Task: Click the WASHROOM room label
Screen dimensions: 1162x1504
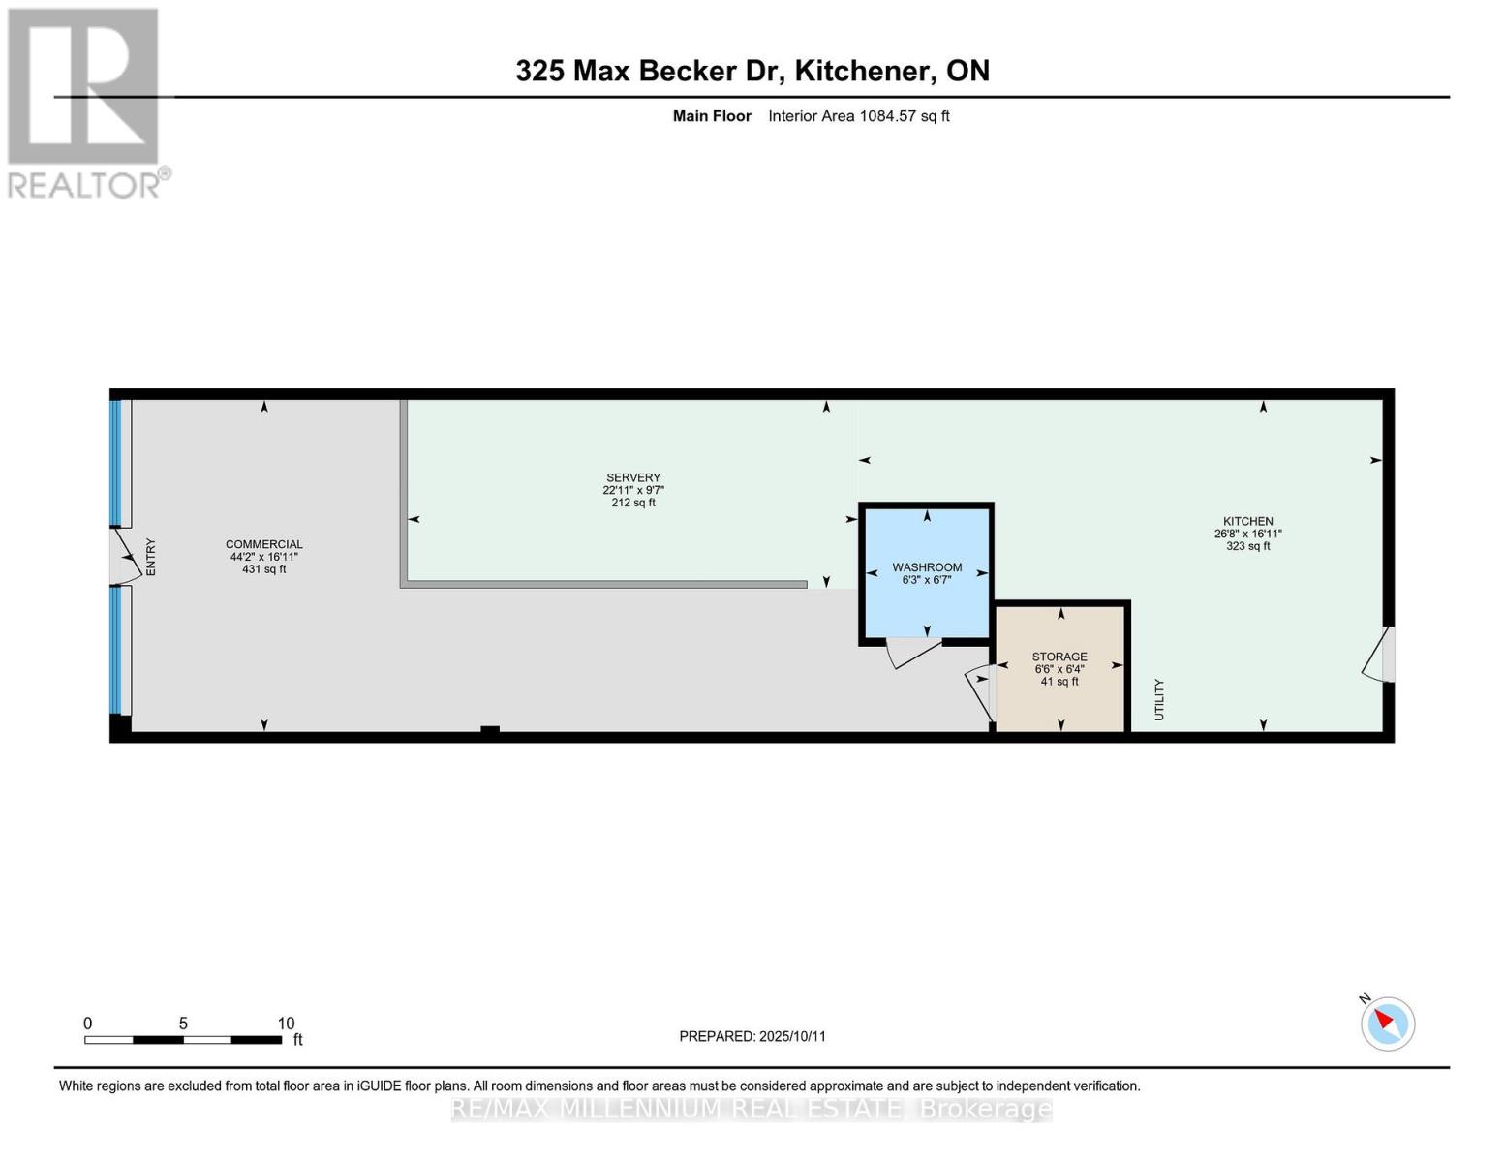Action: [927, 567]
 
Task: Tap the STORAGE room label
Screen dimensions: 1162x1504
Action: [1059, 657]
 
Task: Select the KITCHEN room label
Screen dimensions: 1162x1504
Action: [1247, 521]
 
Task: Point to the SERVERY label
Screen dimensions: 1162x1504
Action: [633, 477]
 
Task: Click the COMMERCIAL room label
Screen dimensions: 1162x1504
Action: [264, 544]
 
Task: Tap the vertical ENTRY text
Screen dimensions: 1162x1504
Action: [151, 558]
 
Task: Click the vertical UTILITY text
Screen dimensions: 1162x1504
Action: [1159, 699]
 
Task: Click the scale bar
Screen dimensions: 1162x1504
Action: [183, 1039]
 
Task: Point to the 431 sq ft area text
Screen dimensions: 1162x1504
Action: [264, 569]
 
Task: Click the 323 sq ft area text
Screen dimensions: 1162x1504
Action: [1247, 546]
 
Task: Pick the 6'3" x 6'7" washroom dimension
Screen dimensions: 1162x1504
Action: [927, 580]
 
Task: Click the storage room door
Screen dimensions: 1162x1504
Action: [978, 690]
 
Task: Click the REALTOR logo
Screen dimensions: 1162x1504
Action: [85, 102]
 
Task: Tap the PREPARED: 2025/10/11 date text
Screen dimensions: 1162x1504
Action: [752, 1036]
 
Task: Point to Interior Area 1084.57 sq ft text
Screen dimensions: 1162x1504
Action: [858, 116]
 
